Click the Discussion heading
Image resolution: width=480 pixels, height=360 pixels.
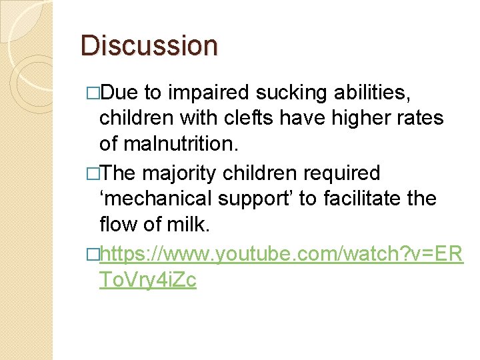pos(149,45)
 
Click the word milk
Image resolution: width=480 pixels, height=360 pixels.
pos(189,225)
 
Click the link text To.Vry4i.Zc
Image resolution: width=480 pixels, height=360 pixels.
pos(147,280)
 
